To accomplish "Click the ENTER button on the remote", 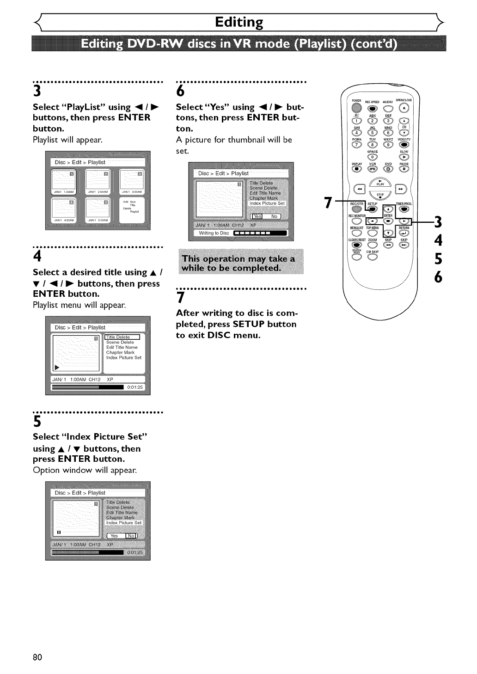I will [388, 221].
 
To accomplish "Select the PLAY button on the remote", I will [380, 182].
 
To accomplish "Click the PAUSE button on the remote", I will [404, 169].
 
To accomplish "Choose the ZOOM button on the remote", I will [373, 245].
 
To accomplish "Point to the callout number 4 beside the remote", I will [438, 240].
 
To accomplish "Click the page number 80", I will [37, 657].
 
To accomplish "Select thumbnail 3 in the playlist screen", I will [132, 182].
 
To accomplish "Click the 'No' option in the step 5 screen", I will [131, 536].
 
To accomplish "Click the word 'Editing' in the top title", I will [239, 22].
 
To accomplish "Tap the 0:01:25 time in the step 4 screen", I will [135, 387].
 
